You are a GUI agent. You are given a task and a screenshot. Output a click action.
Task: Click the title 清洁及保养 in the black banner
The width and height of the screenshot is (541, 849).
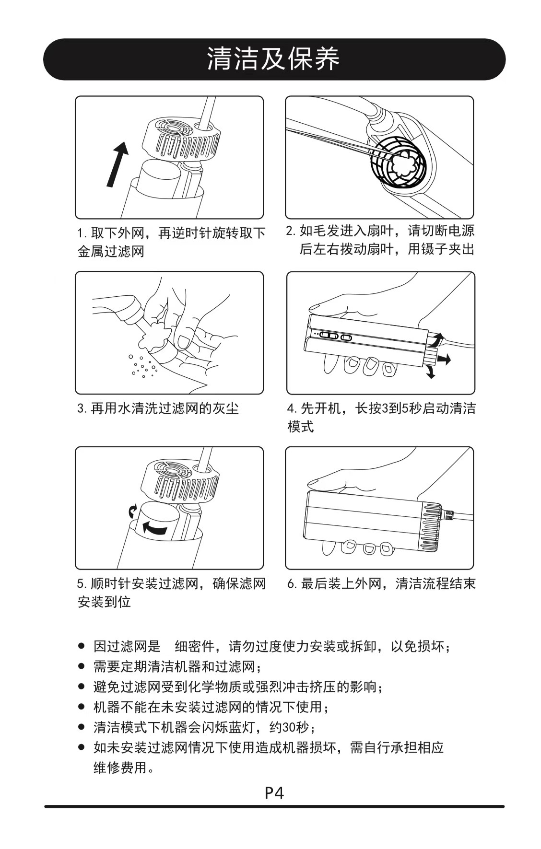click(273, 59)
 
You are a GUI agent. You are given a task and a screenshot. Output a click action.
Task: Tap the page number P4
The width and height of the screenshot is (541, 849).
click(274, 792)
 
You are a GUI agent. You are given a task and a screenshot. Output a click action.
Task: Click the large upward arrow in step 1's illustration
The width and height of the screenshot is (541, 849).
click(118, 163)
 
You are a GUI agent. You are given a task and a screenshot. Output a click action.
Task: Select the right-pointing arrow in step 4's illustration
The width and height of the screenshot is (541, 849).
click(444, 359)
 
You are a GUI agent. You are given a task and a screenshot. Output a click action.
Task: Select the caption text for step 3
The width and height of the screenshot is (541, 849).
click(158, 408)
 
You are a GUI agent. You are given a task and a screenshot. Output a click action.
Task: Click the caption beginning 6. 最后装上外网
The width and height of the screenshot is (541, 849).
click(381, 584)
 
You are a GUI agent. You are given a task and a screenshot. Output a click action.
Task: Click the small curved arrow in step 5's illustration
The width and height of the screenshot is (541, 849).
click(132, 511)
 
